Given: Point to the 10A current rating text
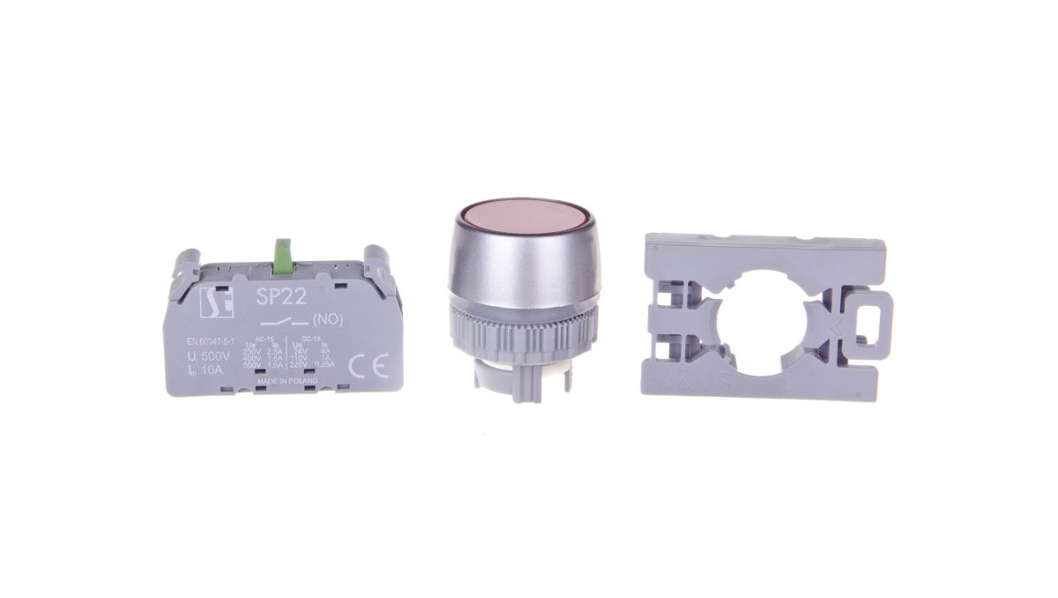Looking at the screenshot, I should tap(208, 370).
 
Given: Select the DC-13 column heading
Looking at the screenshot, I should tap(309, 338).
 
